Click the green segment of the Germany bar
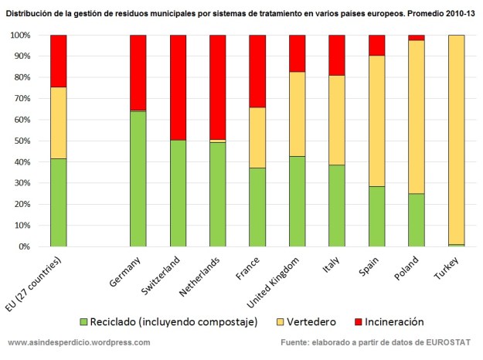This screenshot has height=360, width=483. coord(138,178)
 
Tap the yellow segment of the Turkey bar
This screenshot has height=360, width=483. coord(456,139)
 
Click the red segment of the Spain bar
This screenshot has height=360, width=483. coord(376,45)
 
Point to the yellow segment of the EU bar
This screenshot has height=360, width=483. coord(58,123)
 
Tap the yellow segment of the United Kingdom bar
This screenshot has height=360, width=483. coord(297,114)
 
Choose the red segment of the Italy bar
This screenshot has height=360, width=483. coord(337,55)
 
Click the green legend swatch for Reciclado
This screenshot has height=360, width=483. coord(84,321)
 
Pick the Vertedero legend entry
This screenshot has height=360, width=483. coord(315,321)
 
